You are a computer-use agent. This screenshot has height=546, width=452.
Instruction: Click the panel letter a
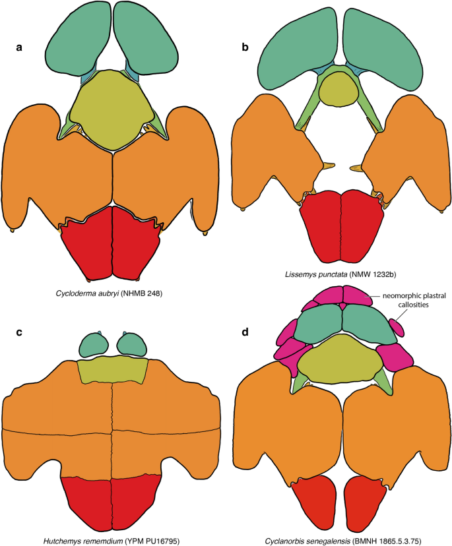[19, 48]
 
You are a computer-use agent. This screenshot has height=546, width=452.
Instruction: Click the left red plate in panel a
[89, 244]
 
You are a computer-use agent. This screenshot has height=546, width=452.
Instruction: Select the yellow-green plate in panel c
[112, 371]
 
